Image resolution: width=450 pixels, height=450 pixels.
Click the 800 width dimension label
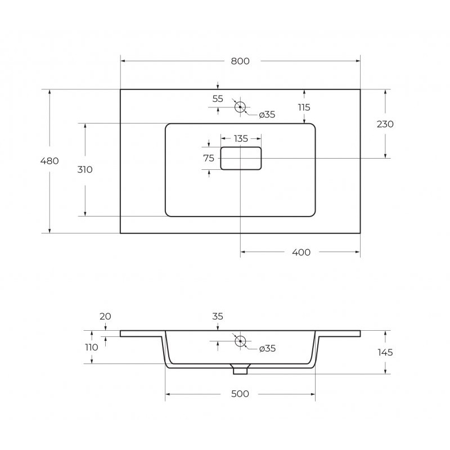240,61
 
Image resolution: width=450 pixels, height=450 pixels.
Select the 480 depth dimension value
49,161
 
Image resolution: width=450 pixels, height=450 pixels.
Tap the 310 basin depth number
85,170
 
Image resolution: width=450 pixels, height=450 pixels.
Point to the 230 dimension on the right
385,124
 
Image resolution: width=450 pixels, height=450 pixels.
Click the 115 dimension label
304,107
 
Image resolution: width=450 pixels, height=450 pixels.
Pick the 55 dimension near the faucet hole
218,99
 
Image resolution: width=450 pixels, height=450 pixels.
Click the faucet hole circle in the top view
240,107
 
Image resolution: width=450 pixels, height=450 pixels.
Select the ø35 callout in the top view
267,115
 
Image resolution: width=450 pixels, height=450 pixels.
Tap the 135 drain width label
241,139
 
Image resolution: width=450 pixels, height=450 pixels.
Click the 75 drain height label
209,158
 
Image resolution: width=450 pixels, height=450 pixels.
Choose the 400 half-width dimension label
301,253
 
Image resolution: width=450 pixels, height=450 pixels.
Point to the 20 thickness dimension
105,316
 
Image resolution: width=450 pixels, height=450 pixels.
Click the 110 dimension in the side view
92,348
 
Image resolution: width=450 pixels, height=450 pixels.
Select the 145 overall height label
385,353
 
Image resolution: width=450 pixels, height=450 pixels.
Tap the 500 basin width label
240,394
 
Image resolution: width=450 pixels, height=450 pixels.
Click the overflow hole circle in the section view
240,341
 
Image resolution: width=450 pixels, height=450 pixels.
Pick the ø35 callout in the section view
267,349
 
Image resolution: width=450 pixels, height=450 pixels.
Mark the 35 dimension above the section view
218,316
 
